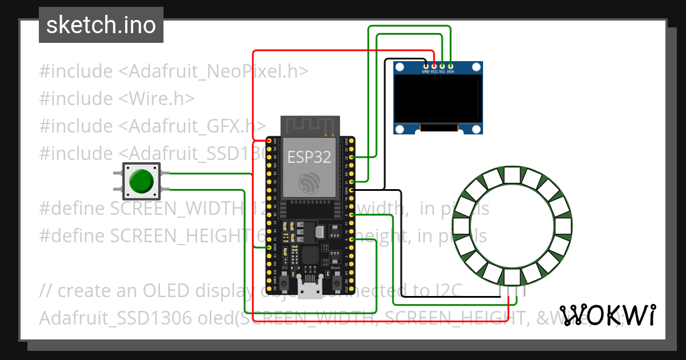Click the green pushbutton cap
(141, 181)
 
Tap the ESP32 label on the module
(309, 157)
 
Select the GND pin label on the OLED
(425, 72)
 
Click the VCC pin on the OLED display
(434, 66)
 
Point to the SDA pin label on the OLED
(450, 72)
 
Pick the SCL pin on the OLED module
(442, 66)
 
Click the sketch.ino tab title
(101, 25)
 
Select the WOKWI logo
(608, 314)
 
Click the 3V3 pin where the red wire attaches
(269, 141)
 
